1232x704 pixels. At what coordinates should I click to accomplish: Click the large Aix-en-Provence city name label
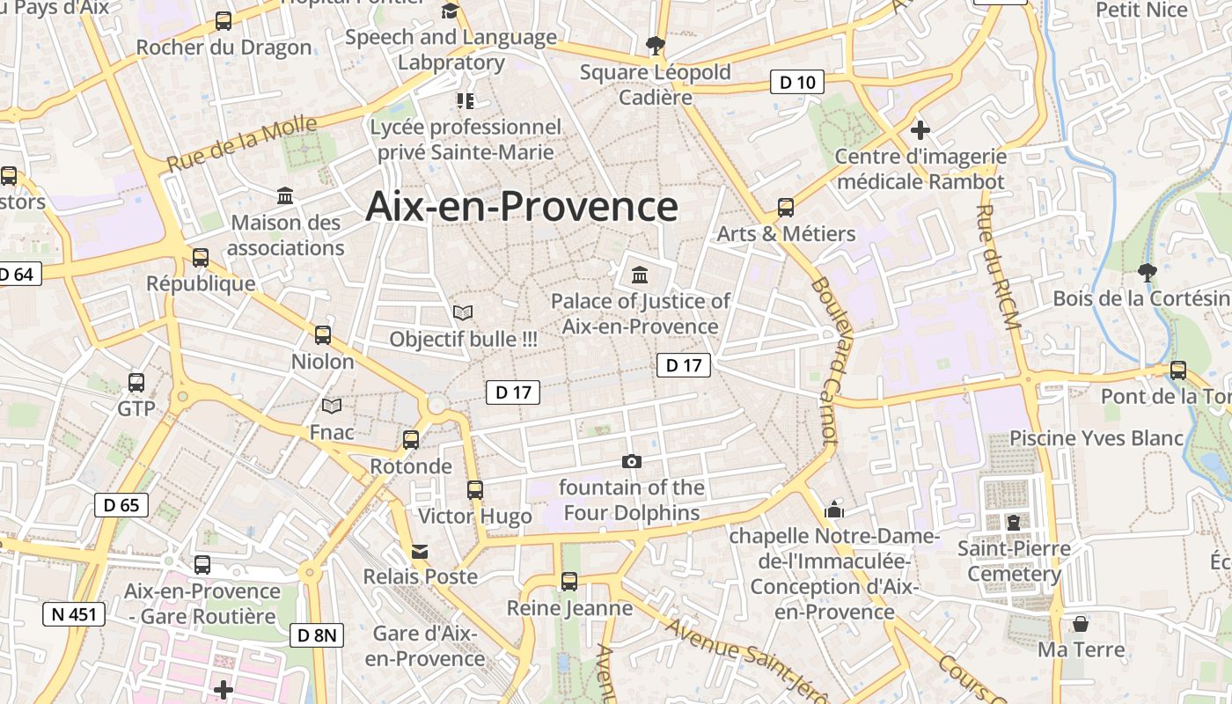click(522, 207)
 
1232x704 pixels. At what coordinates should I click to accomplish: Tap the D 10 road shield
click(797, 83)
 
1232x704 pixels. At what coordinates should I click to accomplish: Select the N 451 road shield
click(74, 614)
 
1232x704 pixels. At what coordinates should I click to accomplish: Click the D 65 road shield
click(121, 505)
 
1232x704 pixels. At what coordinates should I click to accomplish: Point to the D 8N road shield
click(317, 634)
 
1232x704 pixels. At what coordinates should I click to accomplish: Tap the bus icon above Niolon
click(323, 335)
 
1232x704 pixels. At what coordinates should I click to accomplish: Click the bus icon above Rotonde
click(411, 440)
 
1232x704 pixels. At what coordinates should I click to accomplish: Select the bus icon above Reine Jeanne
click(569, 582)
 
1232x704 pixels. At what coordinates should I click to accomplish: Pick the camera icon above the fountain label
click(631, 462)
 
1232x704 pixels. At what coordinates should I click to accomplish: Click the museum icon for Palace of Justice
click(640, 275)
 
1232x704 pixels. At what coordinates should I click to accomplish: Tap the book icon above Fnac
click(332, 406)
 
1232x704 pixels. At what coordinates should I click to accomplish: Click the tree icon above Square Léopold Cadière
click(655, 45)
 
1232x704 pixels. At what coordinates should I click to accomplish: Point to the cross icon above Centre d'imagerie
click(920, 131)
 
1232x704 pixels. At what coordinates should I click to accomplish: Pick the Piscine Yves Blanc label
click(1096, 438)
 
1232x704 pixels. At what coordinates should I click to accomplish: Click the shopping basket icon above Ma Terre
click(1081, 624)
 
